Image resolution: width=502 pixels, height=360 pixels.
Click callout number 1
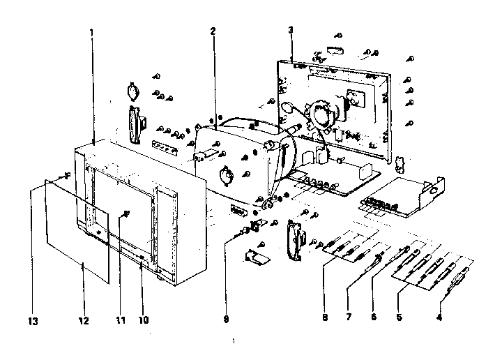(x=92, y=33)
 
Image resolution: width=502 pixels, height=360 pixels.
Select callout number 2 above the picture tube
(x=211, y=31)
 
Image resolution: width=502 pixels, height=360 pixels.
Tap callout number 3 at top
(x=290, y=29)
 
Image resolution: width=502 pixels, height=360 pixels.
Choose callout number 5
(x=399, y=318)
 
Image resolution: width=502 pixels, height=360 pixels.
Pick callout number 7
(x=349, y=318)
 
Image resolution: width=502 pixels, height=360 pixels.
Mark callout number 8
(x=324, y=318)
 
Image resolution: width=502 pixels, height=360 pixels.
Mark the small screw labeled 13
(x=66, y=175)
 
